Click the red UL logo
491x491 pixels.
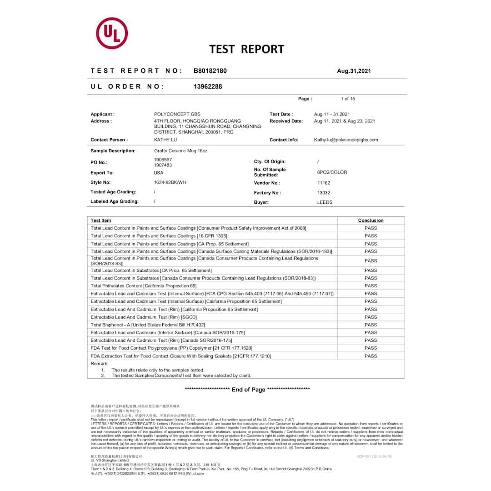click(x=112, y=33)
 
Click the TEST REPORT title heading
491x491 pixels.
click(x=246, y=49)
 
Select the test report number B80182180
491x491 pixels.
click(x=210, y=71)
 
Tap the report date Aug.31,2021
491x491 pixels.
click(x=354, y=71)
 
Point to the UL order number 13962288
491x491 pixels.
click(x=208, y=86)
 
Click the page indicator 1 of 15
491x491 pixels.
click(x=348, y=99)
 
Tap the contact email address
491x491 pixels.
click(x=346, y=140)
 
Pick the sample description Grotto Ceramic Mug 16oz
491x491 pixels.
click(x=180, y=150)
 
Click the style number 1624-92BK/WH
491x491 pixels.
click(x=170, y=182)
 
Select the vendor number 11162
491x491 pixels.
click(x=324, y=183)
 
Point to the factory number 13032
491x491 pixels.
click(x=324, y=193)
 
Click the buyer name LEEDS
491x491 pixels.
click(x=325, y=202)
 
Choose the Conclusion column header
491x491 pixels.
click(x=371, y=220)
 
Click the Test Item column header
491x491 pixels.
click(x=100, y=220)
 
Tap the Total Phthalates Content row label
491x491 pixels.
click(x=144, y=286)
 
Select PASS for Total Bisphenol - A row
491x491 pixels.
click(x=371, y=325)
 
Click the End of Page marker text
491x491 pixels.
click(x=248, y=390)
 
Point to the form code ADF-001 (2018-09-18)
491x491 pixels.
click(x=374, y=456)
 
